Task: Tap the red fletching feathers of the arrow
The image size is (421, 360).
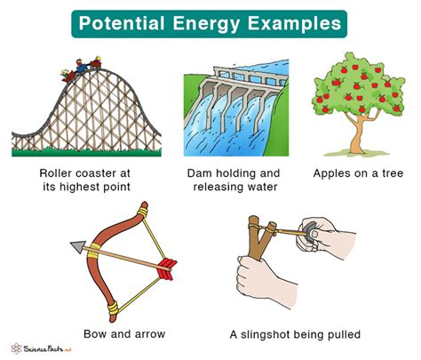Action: pos(170,266)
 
